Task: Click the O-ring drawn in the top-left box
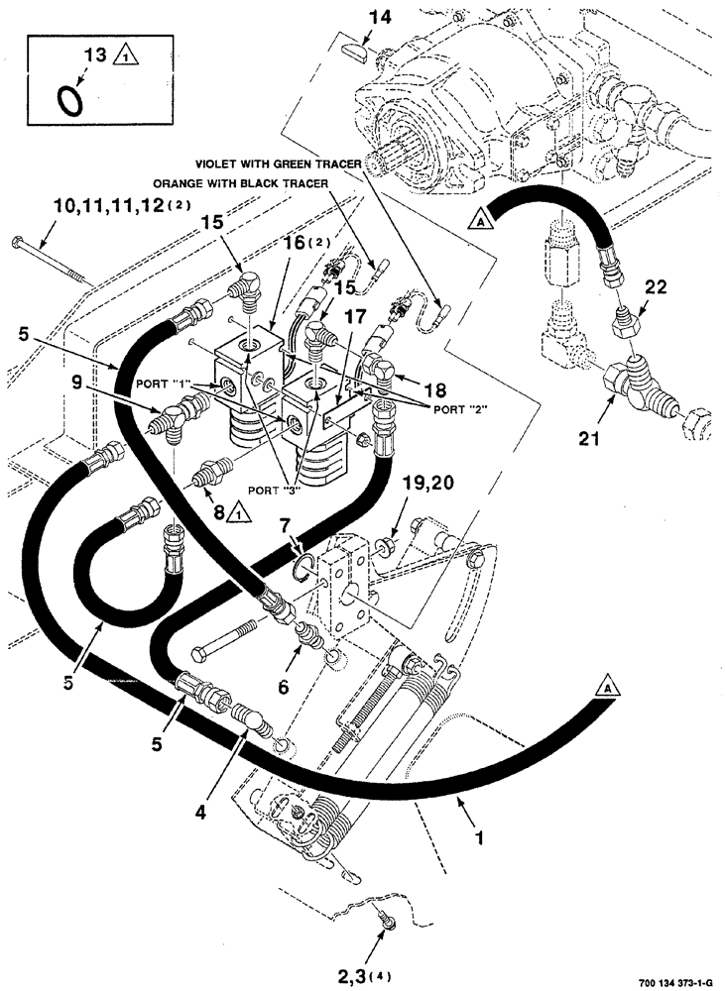pyautogui.click(x=70, y=99)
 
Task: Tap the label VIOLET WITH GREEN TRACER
pyautogui.click(x=276, y=163)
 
